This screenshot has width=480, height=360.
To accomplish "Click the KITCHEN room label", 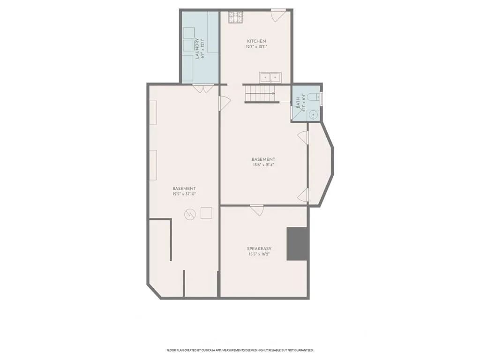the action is (x=256, y=41).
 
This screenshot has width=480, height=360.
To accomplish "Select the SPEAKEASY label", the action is (x=259, y=248).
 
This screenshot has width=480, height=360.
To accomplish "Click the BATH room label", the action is (x=298, y=103).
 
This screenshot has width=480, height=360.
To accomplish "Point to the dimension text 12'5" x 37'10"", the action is (x=184, y=194).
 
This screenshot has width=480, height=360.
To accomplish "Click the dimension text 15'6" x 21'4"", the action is (x=263, y=165).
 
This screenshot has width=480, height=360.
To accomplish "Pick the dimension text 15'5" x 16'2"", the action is (x=259, y=254).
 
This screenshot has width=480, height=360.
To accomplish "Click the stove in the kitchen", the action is (x=235, y=17).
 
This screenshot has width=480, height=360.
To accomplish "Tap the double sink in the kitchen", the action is (x=270, y=78).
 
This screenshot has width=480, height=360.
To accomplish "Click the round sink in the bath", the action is (x=313, y=115).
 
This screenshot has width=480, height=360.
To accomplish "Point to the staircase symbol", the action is (x=262, y=93).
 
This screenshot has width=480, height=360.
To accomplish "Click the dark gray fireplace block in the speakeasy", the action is (x=297, y=244).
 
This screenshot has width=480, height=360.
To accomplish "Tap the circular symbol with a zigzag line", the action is (x=190, y=214).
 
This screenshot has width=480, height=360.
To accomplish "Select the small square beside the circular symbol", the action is (x=206, y=213).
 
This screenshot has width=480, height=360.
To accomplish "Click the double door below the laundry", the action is (x=202, y=89).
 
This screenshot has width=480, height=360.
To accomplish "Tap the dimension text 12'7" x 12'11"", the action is (x=256, y=47).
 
